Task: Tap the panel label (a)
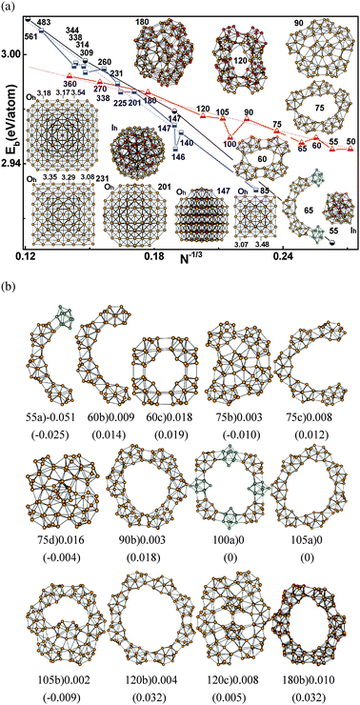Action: (10, 7)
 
